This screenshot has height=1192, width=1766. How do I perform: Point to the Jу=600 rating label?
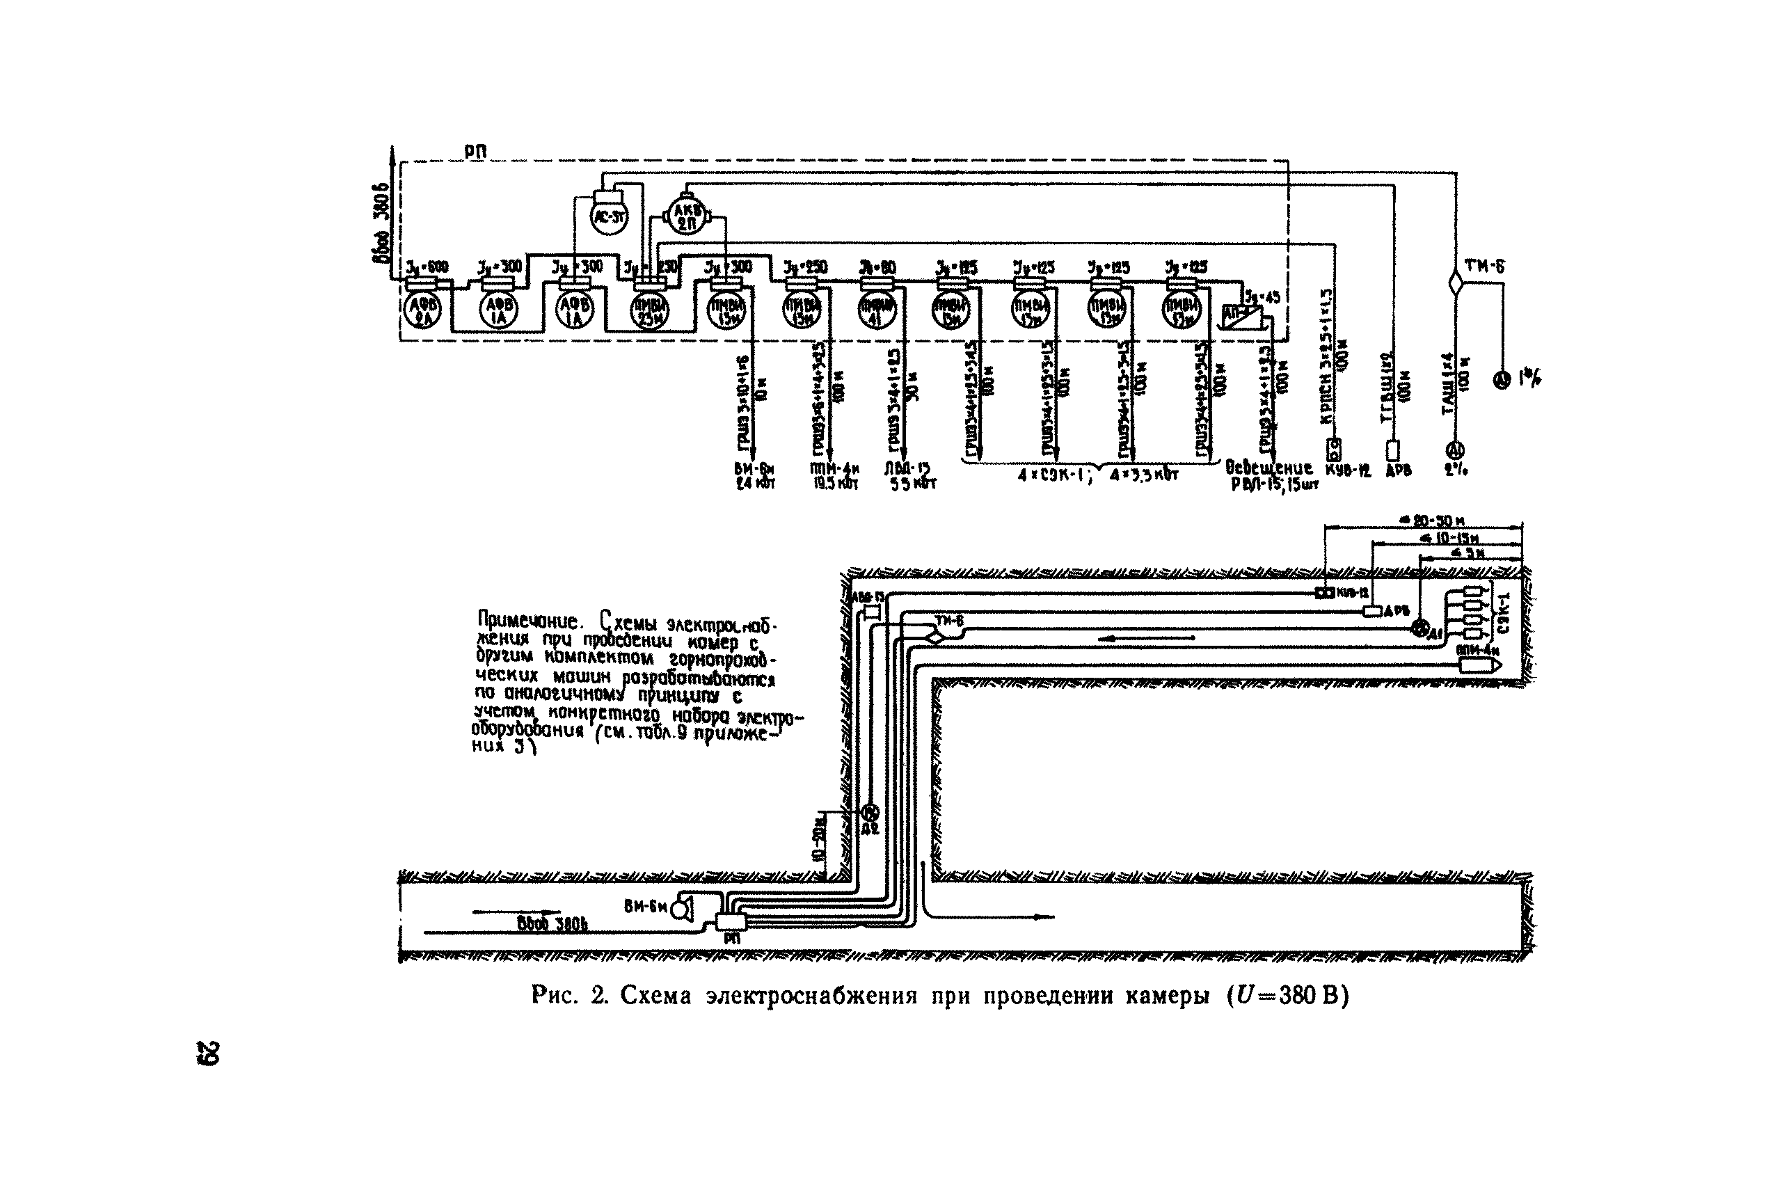(427, 267)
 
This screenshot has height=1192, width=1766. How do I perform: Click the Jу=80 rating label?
(877, 267)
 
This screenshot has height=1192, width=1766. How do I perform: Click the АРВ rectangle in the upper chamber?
(1372, 611)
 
